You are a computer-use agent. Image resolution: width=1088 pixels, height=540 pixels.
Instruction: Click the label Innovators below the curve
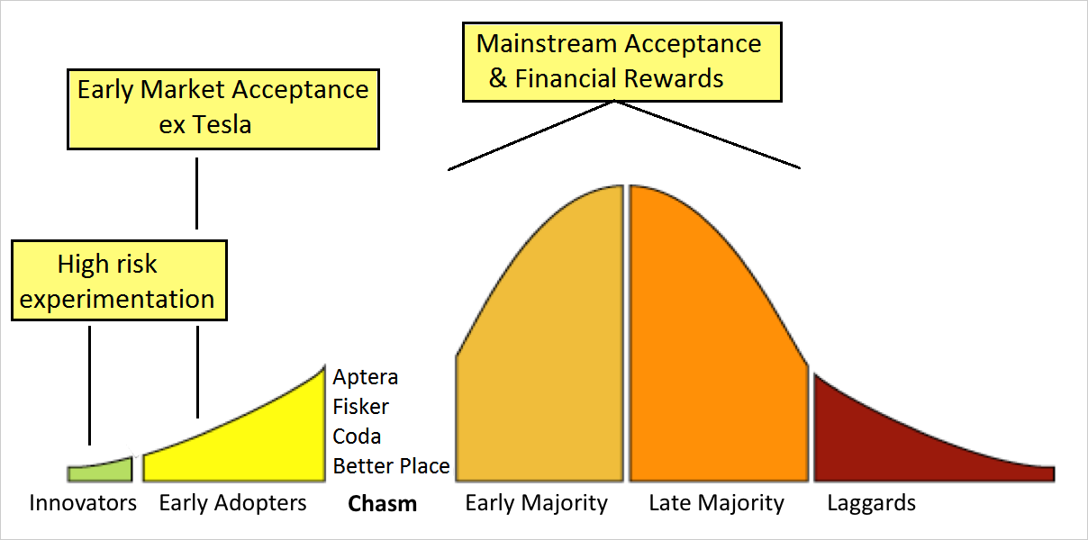pos(83,503)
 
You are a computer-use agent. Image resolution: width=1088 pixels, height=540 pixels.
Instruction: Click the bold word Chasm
pos(382,504)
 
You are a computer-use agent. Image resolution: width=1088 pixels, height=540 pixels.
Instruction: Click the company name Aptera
pos(366,378)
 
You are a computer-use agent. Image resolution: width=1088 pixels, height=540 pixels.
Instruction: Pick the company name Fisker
pos(360,407)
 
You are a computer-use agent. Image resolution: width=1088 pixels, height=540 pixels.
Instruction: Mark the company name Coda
pos(357,436)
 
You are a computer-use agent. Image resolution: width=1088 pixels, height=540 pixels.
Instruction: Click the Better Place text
pos(392,466)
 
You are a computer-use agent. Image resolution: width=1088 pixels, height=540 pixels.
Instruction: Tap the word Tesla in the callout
pos(222,125)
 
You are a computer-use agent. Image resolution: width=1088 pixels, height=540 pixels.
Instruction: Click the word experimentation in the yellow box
pos(116,300)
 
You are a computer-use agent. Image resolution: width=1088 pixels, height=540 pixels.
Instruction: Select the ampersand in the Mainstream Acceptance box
pos(498,78)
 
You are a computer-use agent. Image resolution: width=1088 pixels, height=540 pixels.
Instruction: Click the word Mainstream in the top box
pos(547,44)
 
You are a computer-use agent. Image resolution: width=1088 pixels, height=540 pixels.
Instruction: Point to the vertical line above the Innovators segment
pos(89,385)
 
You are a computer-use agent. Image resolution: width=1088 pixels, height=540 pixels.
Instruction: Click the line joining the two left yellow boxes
pos(196,193)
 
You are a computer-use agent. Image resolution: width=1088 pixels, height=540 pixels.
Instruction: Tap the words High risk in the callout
pos(107,265)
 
